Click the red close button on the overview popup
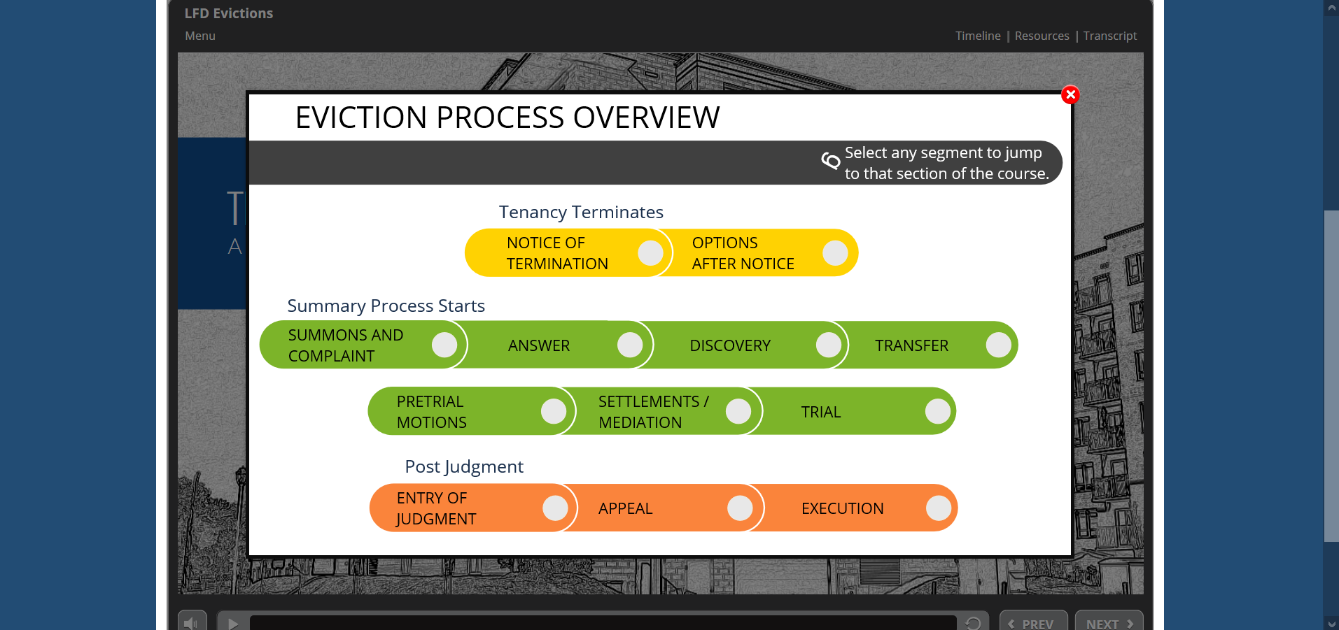click(x=1070, y=94)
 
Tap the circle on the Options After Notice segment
click(x=835, y=253)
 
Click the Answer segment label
click(x=539, y=345)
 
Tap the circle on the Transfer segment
click(x=998, y=345)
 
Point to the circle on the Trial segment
click(x=938, y=411)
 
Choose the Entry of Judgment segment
click(x=473, y=508)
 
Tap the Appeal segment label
click(x=626, y=508)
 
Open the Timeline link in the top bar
click(x=978, y=36)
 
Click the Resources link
click(x=1042, y=36)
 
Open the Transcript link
click(x=1110, y=36)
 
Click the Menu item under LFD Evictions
click(x=200, y=36)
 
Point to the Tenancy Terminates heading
click(x=581, y=212)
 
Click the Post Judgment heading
click(x=464, y=466)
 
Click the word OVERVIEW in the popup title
click(x=647, y=117)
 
